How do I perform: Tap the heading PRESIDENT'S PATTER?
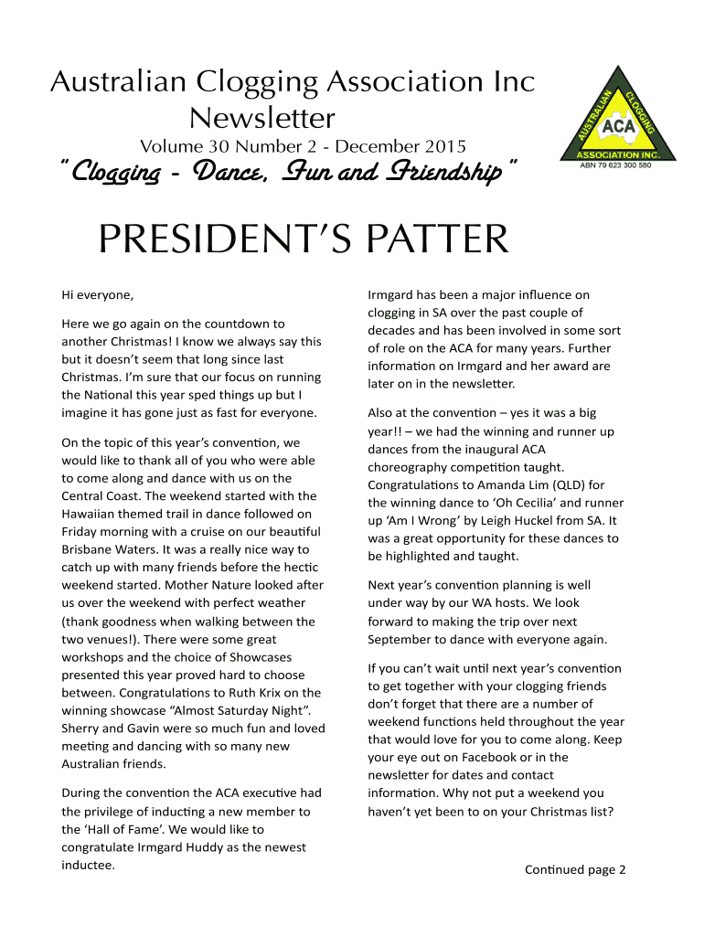303,239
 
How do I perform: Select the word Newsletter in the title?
261,118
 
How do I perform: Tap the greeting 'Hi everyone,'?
97,294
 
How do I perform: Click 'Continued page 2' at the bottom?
574,869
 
